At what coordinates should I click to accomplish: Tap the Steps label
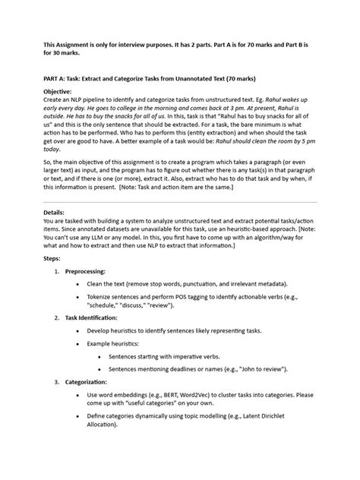pyautogui.click(x=55, y=258)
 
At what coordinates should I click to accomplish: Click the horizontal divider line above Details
pyautogui.click(x=180, y=202)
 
